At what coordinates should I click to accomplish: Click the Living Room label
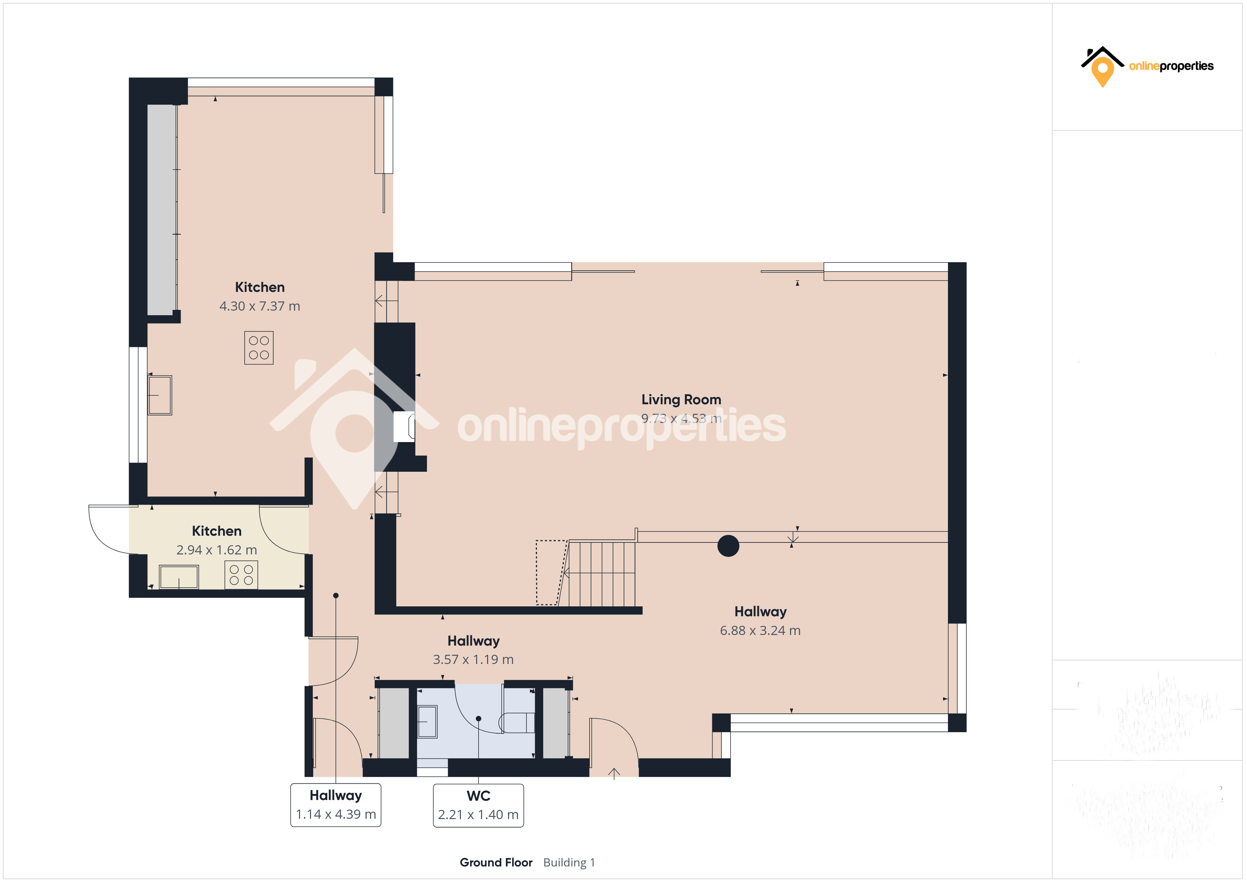tap(681, 400)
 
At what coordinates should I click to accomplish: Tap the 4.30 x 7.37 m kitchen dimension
tap(259, 306)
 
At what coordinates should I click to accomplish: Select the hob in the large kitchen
tap(258, 348)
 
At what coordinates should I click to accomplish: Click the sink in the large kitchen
tap(160, 395)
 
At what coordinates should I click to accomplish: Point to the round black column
tap(728, 546)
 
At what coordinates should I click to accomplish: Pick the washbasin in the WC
tap(427, 721)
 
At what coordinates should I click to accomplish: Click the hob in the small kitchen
tap(241, 575)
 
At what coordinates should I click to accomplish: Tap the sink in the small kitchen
tap(179, 576)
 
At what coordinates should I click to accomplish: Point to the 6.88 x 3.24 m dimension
tap(760, 630)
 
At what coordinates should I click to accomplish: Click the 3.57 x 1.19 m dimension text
tap(473, 659)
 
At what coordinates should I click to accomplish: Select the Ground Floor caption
tap(496, 863)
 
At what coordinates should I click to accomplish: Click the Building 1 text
tap(569, 863)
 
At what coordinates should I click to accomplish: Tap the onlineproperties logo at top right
tap(1147, 67)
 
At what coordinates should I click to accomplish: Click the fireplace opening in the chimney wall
tap(404, 427)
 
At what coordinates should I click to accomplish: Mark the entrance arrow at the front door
tap(614, 774)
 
